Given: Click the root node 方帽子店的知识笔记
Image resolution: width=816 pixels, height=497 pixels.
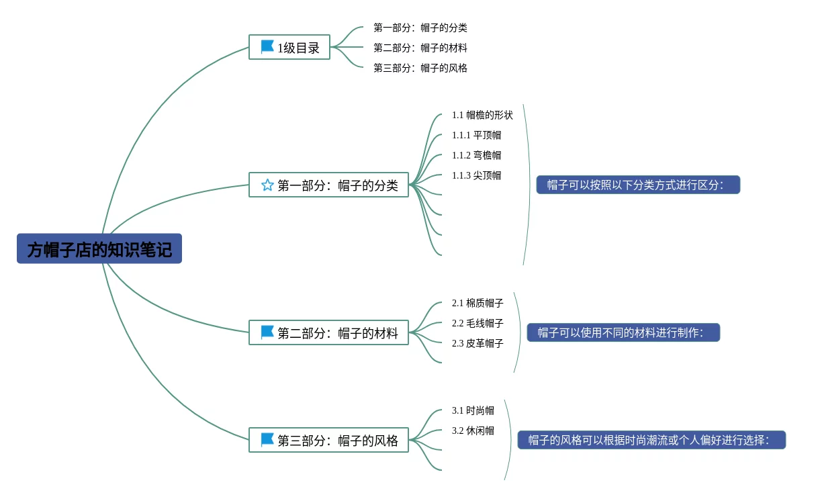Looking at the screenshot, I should pyautogui.click(x=99, y=248).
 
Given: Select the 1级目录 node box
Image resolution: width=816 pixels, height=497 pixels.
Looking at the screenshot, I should pyautogui.click(x=289, y=47).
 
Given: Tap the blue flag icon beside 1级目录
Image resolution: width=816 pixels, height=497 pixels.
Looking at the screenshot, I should pyautogui.click(x=267, y=47).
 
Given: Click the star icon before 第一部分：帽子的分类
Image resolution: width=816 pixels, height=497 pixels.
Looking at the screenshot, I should pyautogui.click(x=267, y=185).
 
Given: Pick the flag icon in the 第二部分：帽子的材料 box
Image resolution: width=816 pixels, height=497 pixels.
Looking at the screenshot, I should pyautogui.click(x=267, y=332).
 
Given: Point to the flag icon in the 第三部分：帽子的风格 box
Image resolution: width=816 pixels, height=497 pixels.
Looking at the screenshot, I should pyautogui.click(x=267, y=440).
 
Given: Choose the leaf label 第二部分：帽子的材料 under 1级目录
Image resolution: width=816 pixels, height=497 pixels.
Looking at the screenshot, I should pyautogui.click(x=420, y=48).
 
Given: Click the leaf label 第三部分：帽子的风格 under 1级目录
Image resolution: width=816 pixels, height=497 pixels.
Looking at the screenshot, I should pyautogui.click(x=420, y=68).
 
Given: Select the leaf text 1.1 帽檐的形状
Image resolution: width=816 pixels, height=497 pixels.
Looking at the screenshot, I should pyautogui.click(x=482, y=115).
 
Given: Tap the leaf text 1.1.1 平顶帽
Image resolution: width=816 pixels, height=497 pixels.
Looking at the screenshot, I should pyautogui.click(x=476, y=135).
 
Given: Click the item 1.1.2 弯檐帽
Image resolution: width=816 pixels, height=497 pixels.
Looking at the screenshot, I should pyautogui.click(x=476, y=155).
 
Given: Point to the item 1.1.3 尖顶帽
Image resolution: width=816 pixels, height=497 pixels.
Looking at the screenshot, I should pyautogui.click(x=476, y=175).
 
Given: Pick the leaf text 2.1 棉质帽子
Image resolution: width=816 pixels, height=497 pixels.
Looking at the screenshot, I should pyautogui.click(x=478, y=303).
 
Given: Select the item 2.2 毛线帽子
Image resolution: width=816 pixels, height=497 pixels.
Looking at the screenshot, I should pyautogui.click(x=478, y=323).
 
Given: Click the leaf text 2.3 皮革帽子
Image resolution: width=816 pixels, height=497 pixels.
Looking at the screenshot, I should pyautogui.click(x=478, y=343).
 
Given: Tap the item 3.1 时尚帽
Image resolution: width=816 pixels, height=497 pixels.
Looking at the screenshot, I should pyautogui.click(x=473, y=410).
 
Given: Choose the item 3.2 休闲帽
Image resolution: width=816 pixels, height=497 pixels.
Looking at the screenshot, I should pyautogui.click(x=473, y=431).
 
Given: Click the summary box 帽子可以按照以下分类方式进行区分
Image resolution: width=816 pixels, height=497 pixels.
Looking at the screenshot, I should pyautogui.click(x=638, y=185).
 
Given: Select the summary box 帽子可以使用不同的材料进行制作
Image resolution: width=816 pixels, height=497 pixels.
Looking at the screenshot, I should pyautogui.click(x=623, y=332).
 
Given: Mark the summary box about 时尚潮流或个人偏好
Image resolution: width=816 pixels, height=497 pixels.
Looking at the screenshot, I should pyautogui.click(x=651, y=440).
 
